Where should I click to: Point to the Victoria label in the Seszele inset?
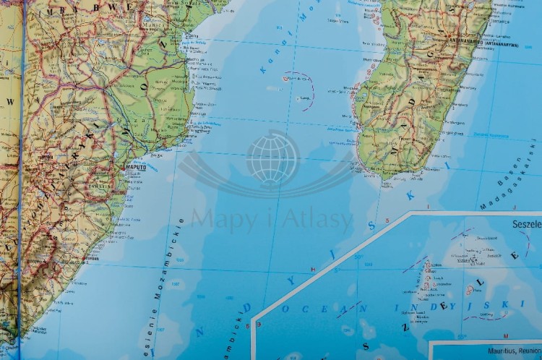477,254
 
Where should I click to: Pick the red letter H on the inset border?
311,269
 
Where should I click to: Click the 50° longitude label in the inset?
358,257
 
